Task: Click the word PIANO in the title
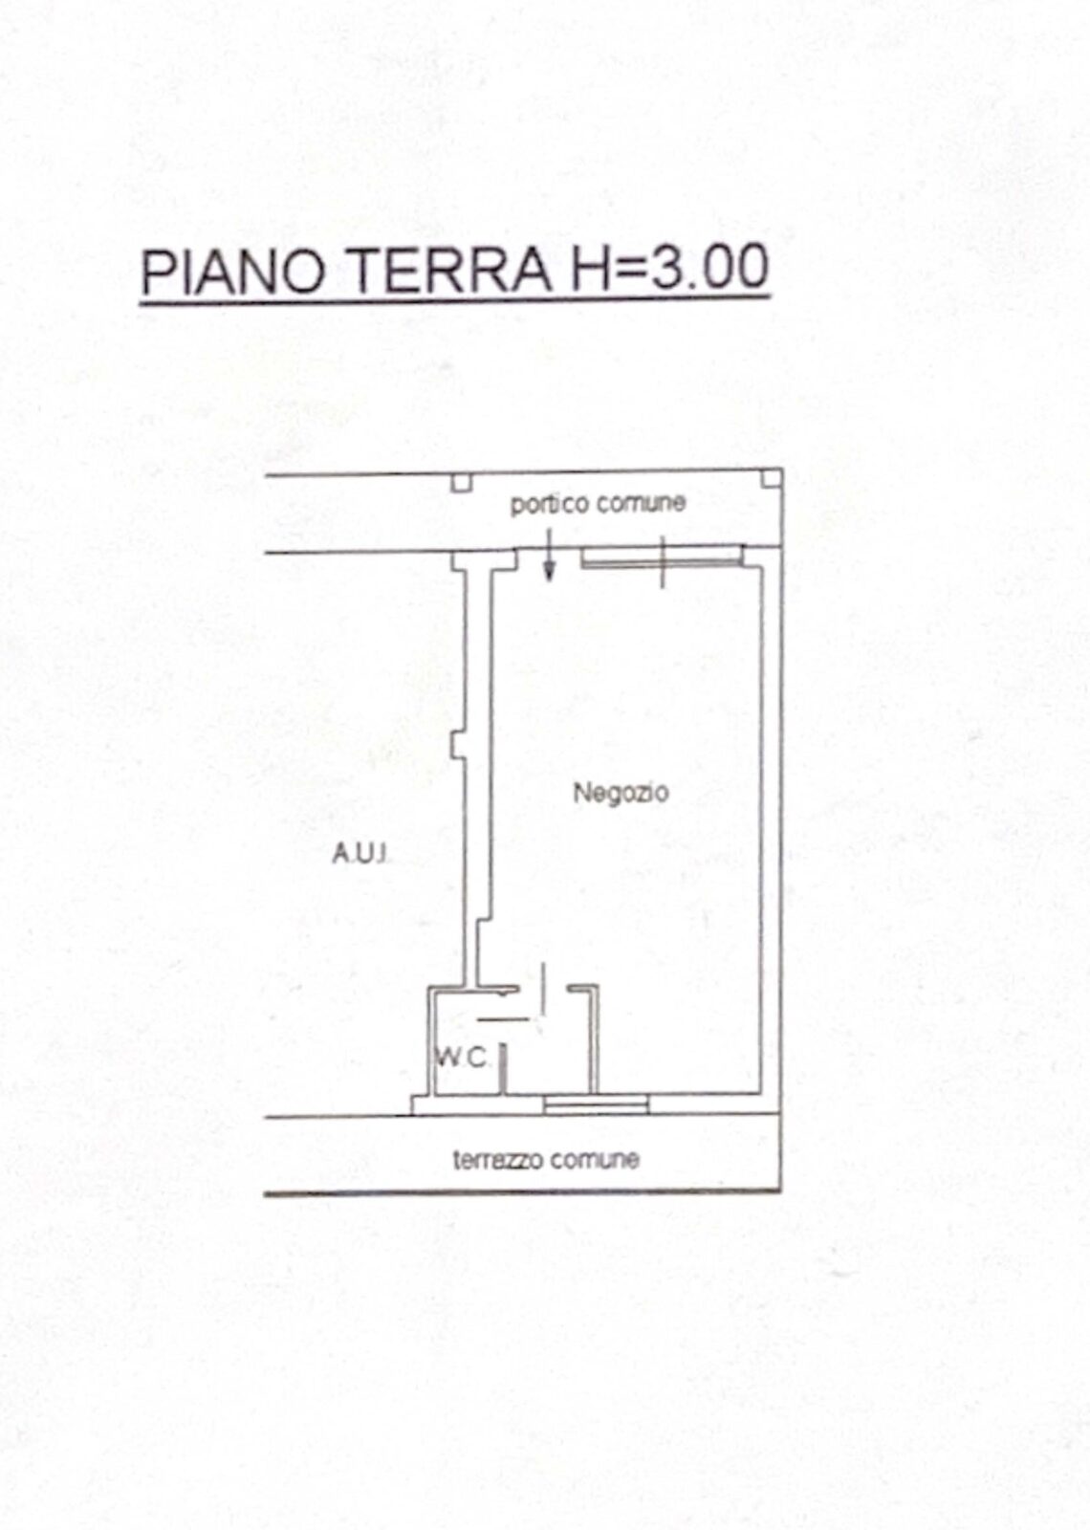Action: [x=232, y=269]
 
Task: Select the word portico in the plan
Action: [x=550, y=505]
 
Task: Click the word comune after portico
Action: [x=641, y=503]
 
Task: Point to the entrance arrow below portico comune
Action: [x=549, y=555]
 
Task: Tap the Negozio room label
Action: [x=621, y=793]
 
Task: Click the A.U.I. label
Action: [x=360, y=854]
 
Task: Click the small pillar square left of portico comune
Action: [x=462, y=483]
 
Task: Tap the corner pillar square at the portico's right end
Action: [x=772, y=478]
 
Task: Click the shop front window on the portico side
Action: [x=662, y=557]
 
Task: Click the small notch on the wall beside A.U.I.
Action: [x=457, y=745]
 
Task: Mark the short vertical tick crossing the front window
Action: [x=663, y=561]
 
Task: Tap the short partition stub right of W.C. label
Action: [x=503, y=1069]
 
